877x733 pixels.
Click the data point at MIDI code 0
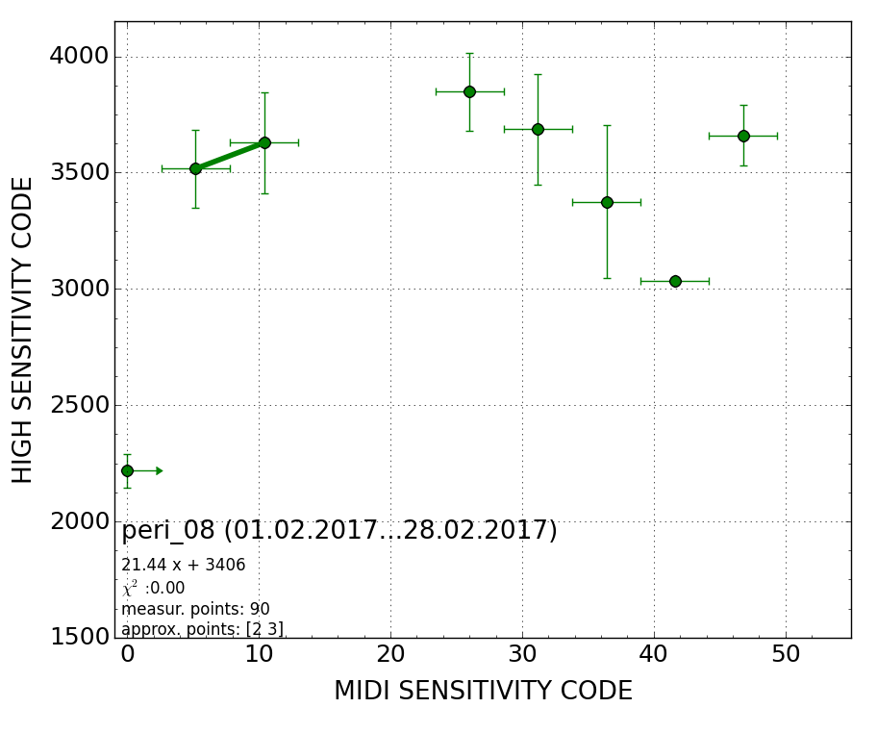[127, 470]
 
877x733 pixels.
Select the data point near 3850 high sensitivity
[469, 91]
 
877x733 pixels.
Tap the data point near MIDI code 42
[675, 281]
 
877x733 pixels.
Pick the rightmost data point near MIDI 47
[743, 136]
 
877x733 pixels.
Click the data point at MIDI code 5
[195, 168]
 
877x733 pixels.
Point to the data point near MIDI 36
[607, 202]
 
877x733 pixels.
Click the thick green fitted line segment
[230, 156]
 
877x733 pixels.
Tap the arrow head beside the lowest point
[160, 470]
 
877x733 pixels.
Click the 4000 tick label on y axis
[79, 57]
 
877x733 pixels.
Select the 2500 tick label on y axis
[79, 405]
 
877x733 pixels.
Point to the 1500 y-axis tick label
[79, 637]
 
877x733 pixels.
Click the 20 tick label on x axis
[390, 655]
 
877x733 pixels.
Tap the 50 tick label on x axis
[786, 655]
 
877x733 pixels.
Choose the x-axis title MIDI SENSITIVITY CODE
[483, 692]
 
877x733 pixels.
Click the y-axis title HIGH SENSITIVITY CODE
[23, 329]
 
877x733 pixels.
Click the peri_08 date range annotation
[339, 531]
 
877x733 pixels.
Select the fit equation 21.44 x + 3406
[184, 566]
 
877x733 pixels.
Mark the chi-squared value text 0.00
[164, 589]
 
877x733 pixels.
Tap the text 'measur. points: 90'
[195, 610]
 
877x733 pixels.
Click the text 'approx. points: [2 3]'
[202, 629]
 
